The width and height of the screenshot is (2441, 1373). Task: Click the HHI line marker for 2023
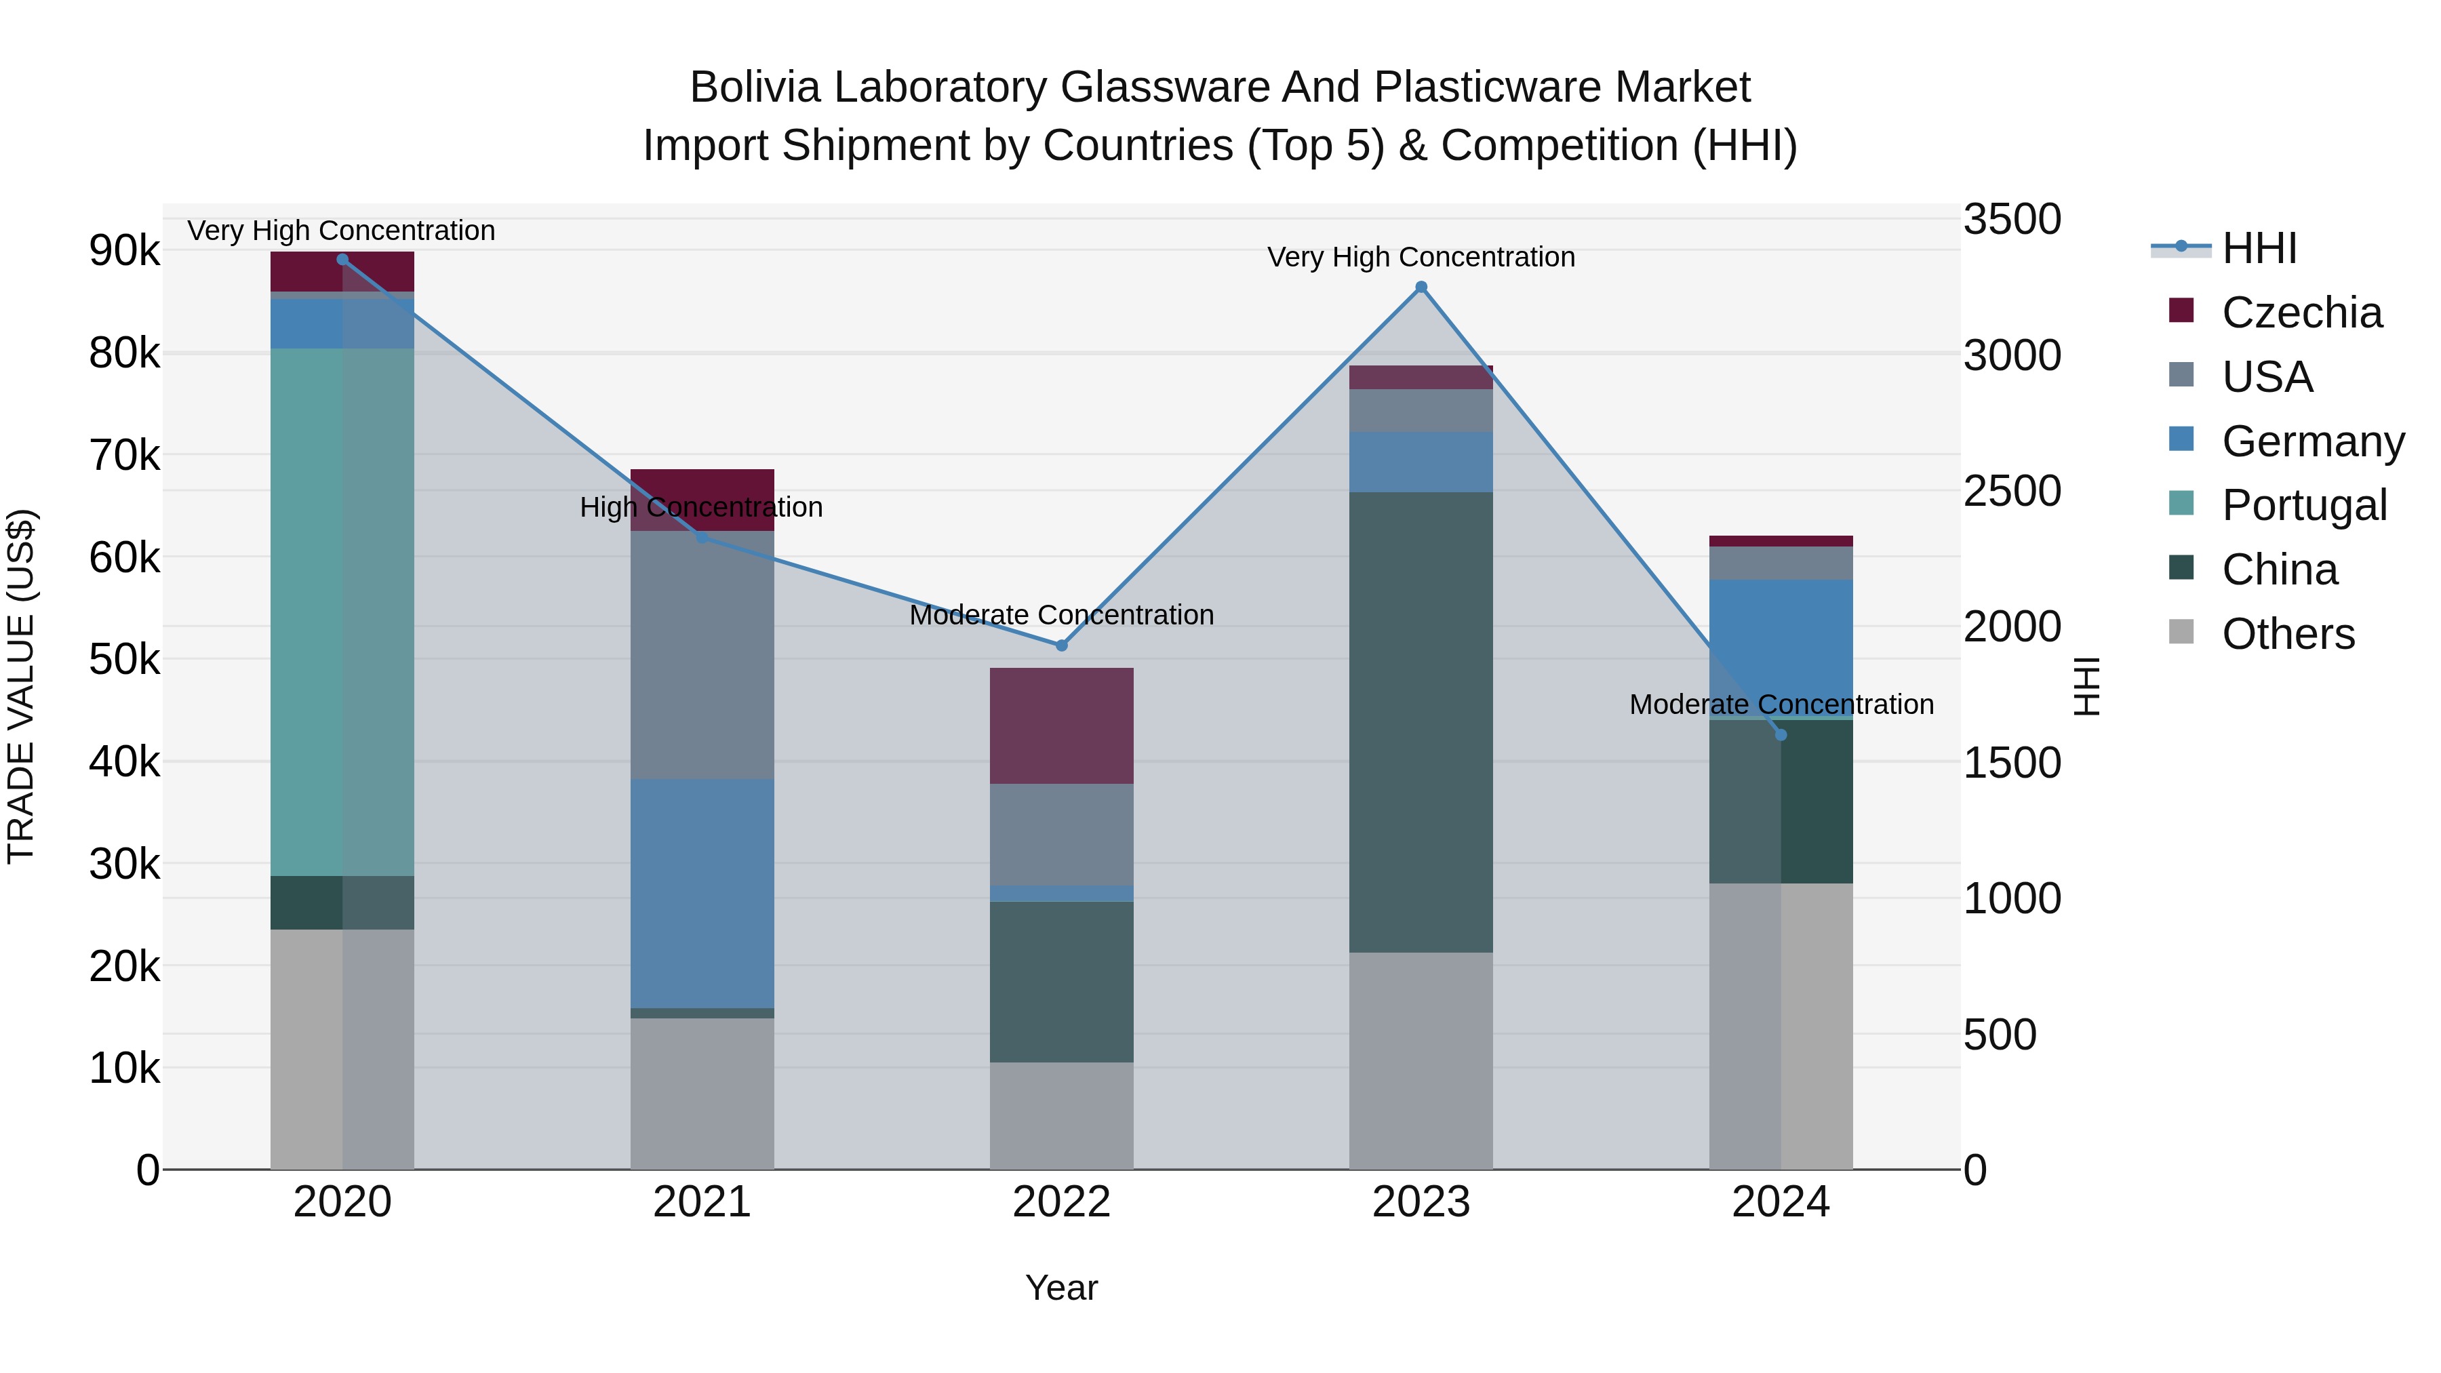1421,287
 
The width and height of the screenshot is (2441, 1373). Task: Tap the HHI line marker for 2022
1061,645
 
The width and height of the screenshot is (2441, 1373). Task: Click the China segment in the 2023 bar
1421,722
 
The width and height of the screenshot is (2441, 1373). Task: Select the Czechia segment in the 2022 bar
1061,725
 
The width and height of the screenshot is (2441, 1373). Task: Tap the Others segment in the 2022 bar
1061,1115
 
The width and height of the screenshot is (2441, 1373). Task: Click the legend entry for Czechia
2301,313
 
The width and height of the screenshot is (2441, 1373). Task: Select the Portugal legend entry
2303,505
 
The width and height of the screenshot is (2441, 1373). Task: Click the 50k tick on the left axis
124,660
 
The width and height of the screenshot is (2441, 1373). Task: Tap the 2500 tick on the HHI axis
2011,492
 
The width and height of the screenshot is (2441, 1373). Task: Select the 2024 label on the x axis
1781,1202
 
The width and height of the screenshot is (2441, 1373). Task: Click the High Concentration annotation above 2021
701,507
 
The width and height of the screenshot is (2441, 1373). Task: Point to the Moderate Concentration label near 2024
1781,704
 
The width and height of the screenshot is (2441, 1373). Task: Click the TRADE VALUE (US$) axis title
21,686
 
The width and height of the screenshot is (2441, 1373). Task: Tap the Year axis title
1061,1288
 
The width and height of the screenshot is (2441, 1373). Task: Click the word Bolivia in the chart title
753,87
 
